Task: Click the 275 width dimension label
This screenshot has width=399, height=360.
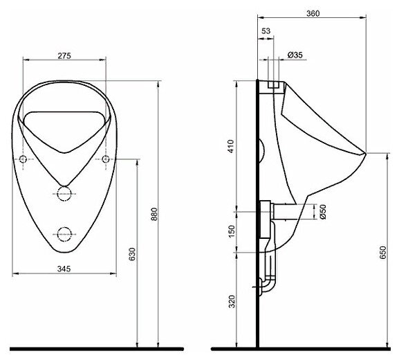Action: click(x=64, y=55)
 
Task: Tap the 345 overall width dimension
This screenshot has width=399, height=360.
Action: click(x=64, y=269)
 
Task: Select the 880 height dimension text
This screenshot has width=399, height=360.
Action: click(x=154, y=214)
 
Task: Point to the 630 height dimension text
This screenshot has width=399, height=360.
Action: click(x=132, y=254)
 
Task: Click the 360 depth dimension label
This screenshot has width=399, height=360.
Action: click(x=313, y=13)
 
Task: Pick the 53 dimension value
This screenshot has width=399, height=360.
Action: click(x=266, y=31)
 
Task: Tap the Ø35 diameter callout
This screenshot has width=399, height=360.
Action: click(x=295, y=55)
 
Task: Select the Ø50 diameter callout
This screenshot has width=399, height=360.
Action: click(x=323, y=212)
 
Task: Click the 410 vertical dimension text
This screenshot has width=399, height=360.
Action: click(x=231, y=146)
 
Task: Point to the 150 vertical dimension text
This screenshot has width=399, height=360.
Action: click(x=232, y=231)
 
